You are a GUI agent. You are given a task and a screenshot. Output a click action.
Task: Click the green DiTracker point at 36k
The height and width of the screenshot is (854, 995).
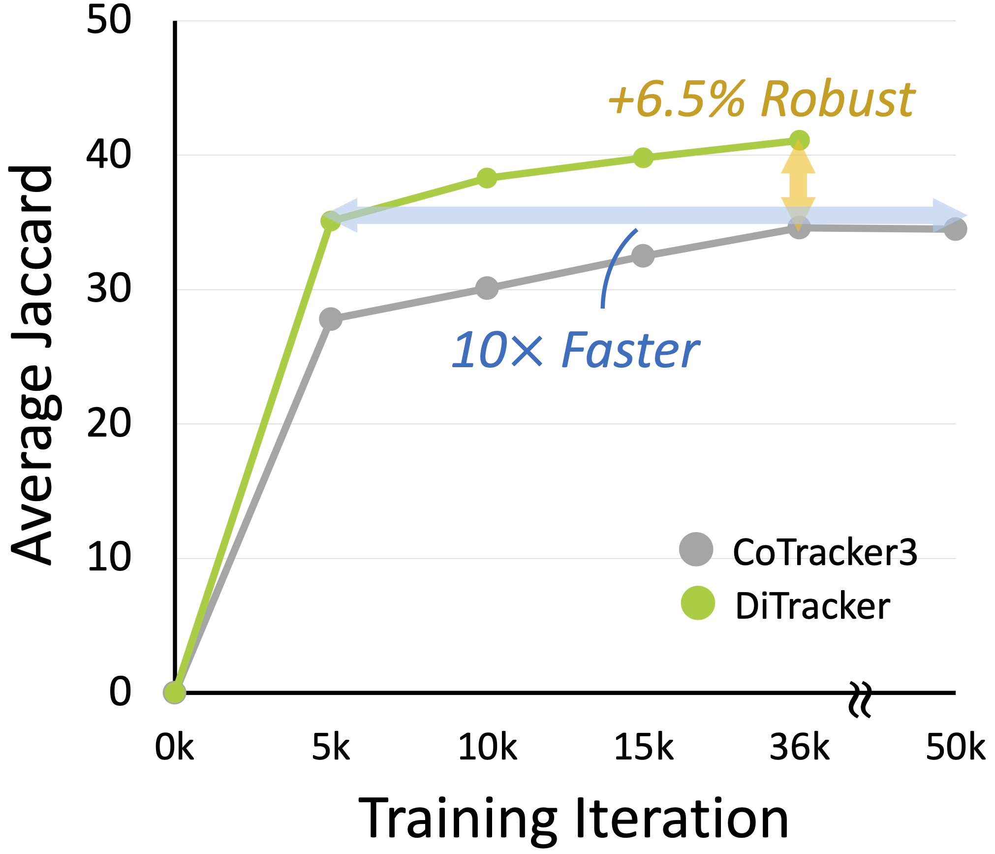point(799,140)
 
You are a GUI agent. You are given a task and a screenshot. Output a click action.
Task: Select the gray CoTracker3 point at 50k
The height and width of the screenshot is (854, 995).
point(955,229)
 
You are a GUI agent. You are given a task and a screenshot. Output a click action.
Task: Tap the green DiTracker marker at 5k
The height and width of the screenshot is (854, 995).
point(331,221)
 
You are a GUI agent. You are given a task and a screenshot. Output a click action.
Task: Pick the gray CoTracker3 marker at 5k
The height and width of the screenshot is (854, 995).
point(331,319)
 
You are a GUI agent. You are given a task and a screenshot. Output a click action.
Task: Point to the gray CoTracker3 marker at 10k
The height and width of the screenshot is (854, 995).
point(487,288)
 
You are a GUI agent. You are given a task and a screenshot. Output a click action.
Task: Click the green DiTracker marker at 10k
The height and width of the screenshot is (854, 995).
point(487,178)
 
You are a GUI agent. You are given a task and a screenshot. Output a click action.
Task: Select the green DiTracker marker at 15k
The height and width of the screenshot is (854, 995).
point(643,158)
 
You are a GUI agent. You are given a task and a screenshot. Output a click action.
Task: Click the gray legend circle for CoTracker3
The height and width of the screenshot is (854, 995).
point(696,549)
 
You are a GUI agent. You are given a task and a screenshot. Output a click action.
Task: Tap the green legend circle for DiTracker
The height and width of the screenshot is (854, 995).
point(698,603)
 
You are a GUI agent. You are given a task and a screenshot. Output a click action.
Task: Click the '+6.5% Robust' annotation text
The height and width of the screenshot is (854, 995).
point(761,100)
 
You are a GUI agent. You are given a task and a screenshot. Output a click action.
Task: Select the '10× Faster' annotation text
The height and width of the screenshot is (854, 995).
point(576,350)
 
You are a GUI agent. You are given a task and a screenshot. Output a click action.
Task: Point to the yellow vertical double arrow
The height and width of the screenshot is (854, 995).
point(798,185)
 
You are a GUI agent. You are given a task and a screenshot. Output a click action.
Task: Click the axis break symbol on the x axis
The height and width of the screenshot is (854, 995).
point(860,699)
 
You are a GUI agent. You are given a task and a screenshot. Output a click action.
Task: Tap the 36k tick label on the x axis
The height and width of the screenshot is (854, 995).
point(799,748)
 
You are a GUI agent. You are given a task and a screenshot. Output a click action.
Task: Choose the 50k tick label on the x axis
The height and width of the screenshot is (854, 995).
point(955,748)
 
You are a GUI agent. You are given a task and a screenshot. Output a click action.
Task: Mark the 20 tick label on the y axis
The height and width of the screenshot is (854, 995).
point(109,423)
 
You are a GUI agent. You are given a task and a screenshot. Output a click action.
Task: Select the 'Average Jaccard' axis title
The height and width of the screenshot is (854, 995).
point(32,364)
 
